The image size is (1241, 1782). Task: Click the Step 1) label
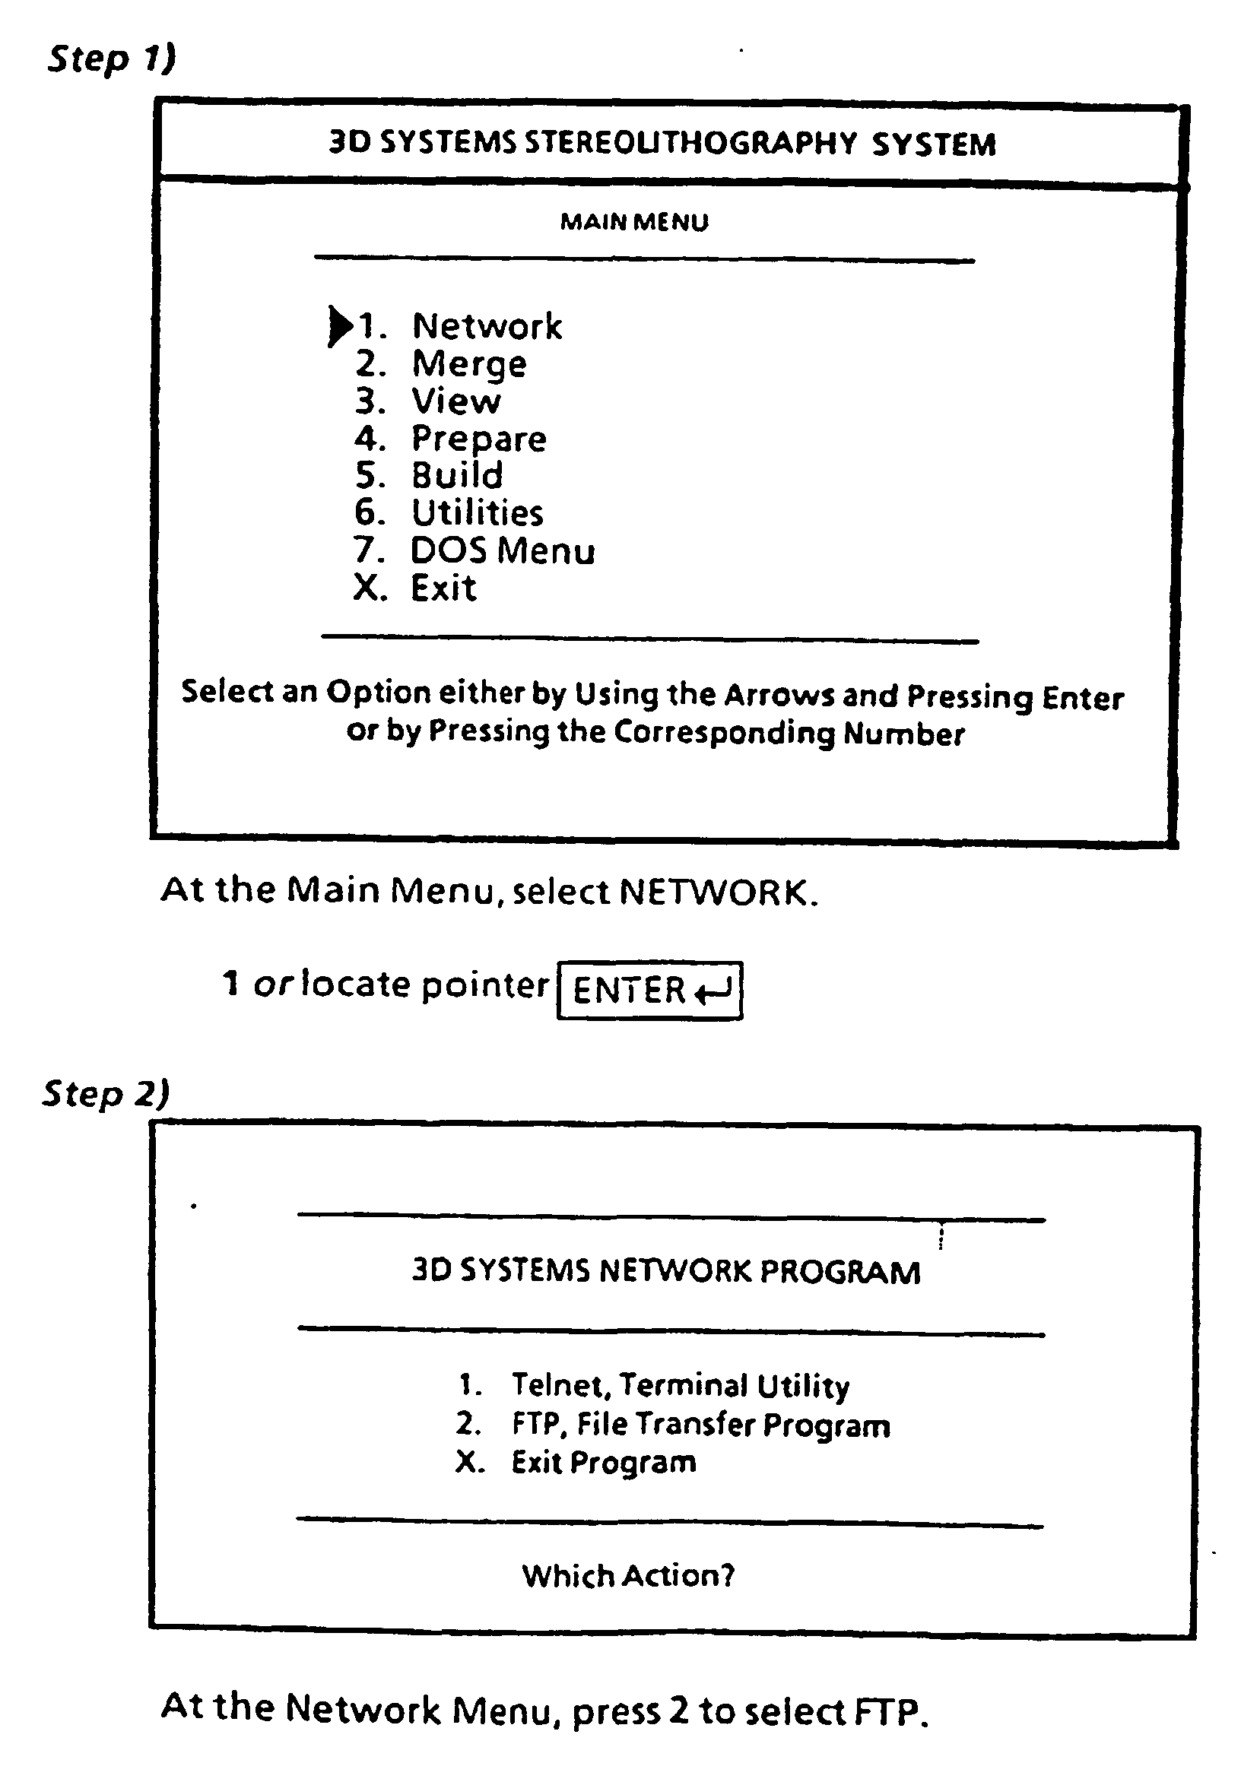click(112, 59)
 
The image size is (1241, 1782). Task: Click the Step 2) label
click(106, 1093)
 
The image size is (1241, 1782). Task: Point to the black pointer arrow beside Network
click(340, 326)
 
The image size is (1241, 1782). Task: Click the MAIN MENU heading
click(634, 223)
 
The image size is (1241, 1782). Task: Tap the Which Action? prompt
click(628, 1575)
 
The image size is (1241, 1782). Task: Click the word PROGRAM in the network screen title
click(839, 1272)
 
